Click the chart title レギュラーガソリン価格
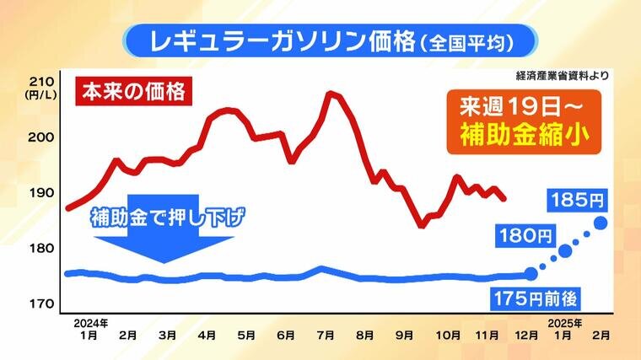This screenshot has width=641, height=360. tap(278, 39)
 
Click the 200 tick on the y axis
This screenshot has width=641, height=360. tap(41, 137)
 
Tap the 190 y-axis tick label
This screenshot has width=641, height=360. tap(41, 192)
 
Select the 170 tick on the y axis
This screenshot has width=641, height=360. tap(41, 303)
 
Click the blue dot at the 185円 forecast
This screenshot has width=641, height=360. tap(601, 223)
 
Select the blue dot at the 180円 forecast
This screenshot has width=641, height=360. tap(565, 250)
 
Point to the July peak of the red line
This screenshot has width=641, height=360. tap(330, 93)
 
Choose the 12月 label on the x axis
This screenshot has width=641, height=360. tap(528, 334)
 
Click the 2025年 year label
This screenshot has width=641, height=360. tap(559, 322)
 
